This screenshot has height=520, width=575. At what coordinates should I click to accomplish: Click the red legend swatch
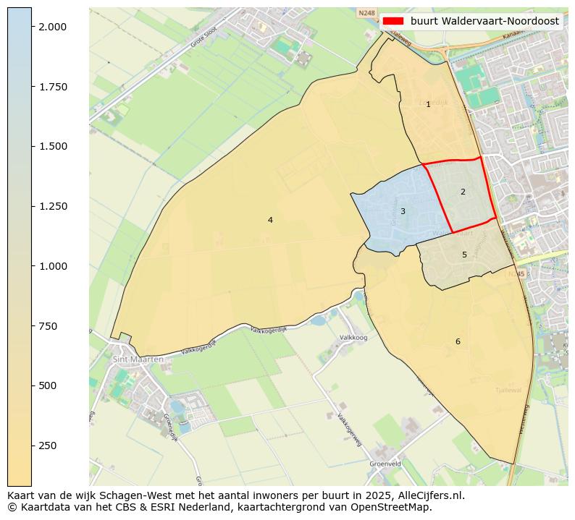pos(393,21)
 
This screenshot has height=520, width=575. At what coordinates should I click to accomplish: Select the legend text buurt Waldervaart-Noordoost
pos(484,21)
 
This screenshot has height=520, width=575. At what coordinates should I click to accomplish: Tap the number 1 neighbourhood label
pos(428,104)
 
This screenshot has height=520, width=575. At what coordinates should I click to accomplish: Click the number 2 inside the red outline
pos(463,192)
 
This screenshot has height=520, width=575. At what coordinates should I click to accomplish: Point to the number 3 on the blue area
pos(403,211)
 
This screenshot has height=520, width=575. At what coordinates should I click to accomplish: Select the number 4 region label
pos(270,220)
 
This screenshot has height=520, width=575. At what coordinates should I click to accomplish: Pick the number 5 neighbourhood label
pos(464,255)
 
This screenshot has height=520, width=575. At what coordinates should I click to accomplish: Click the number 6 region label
pos(458,341)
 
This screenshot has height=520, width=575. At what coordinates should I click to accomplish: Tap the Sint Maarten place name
pos(138,359)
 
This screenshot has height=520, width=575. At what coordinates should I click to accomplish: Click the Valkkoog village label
pos(353,338)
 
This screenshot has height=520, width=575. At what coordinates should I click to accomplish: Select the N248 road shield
pos(367,13)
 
